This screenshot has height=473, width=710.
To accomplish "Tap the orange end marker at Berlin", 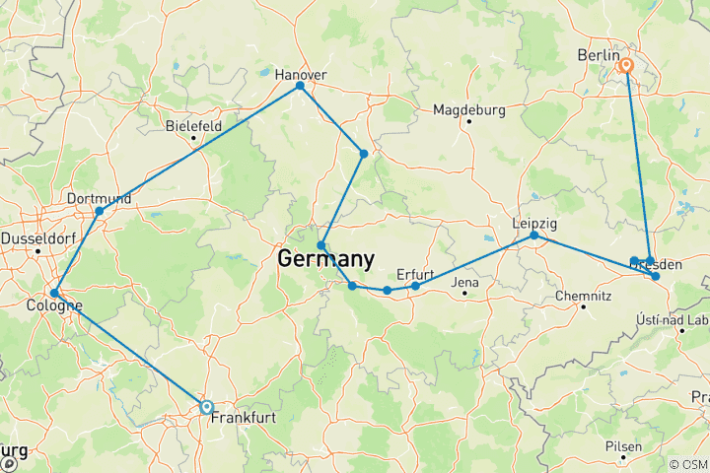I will pos(625,67).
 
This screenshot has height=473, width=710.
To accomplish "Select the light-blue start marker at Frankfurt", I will pos(206,406).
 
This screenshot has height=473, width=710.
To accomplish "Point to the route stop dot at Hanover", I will pos(300,86).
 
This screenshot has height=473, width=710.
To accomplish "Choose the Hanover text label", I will pos(300,74).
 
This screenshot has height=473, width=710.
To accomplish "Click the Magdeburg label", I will pos(468,108).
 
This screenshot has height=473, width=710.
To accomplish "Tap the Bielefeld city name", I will pos(193,125).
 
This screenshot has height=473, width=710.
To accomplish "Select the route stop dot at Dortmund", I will pos(99,211).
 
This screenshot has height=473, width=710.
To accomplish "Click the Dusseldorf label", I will pos(37,238).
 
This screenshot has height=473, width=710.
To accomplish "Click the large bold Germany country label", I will pos(326,260).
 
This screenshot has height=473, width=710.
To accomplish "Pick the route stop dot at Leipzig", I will pos(534,236).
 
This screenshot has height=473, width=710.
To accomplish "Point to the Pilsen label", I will pos(624,445).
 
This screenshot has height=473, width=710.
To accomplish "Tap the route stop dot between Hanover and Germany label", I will pos(364,154).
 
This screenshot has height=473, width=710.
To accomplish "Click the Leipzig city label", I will pos(534,223).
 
